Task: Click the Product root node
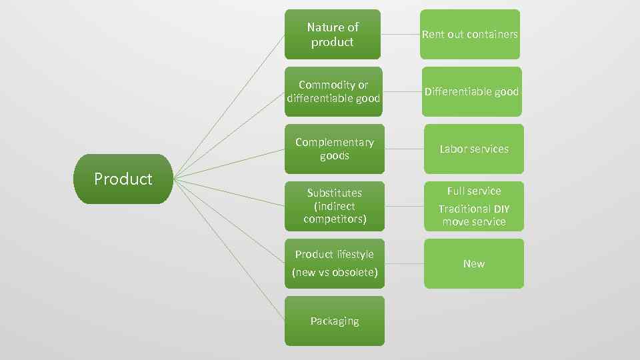(x=123, y=179)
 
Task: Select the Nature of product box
(x=333, y=34)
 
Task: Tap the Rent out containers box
(x=470, y=34)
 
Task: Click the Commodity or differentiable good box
(x=333, y=91)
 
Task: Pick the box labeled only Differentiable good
(x=472, y=91)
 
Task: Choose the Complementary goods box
(x=335, y=149)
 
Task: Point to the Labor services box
(x=474, y=149)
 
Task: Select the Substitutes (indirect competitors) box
(x=335, y=206)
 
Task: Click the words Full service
(x=474, y=191)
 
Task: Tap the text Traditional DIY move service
(x=474, y=215)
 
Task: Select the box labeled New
(x=474, y=263)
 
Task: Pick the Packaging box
(x=335, y=321)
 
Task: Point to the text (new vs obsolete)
(x=335, y=273)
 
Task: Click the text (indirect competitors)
(x=335, y=213)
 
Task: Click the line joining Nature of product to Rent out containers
(x=400, y=34)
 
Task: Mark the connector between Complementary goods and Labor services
(x=404, y=149)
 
